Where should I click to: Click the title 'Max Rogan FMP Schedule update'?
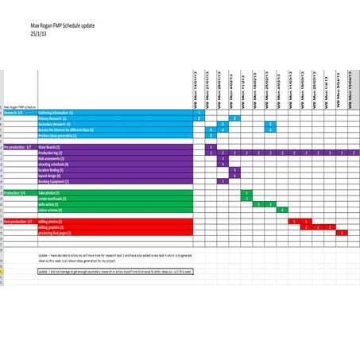pos(62,25)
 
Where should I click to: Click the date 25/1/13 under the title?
pos(39,34)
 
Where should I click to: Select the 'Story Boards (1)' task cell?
pos(52,147)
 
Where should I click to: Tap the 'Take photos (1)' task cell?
pos(51,192)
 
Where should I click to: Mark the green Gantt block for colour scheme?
pos(281,210)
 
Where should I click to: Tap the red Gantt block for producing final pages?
pos(342,233)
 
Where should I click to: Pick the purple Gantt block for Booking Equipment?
pos(223,181)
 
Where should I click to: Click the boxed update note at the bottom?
pos(115,270)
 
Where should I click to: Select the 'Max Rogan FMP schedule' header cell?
pos(20,106)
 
